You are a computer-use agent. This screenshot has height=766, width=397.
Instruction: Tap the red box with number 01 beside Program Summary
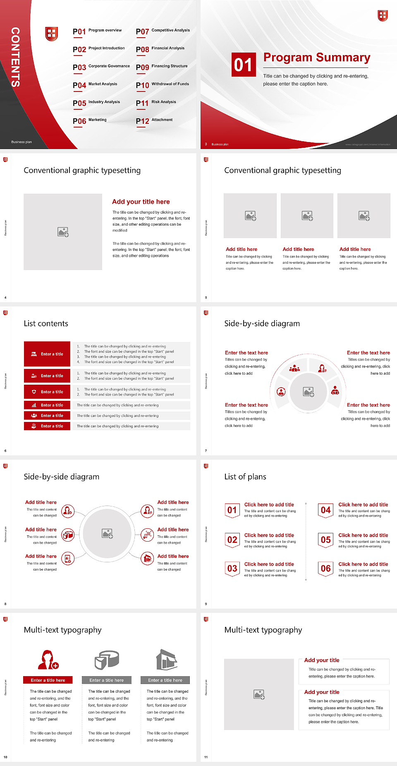point(243,65)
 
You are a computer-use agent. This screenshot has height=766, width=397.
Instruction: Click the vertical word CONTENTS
point(15,57)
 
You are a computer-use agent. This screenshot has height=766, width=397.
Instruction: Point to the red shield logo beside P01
point(51,34)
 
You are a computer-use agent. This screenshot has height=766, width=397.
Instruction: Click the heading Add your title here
point(141,202)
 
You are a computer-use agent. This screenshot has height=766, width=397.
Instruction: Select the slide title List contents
point(46,323)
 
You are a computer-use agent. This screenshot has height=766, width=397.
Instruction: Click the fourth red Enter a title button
point(47,405)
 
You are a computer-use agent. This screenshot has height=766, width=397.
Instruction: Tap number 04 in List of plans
point(326,510)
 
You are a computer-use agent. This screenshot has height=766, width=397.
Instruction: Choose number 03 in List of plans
point(232,568)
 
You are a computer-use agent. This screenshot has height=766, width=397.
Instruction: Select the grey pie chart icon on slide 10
point(107,660)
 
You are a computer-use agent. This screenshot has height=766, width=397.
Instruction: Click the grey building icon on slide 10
point(167,660)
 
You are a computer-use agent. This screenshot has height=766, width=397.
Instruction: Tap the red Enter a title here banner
point(48,680)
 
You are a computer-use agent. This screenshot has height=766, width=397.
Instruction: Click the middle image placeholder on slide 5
point(307,216)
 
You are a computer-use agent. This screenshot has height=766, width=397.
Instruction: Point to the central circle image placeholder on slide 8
point(107,533)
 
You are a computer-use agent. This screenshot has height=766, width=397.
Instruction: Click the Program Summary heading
point(317,58)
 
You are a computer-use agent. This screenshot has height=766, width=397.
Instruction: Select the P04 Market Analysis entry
point(95,85)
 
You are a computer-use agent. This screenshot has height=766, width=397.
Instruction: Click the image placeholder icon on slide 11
point(259,694)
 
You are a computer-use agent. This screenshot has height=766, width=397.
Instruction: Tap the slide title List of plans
point(245,477)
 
